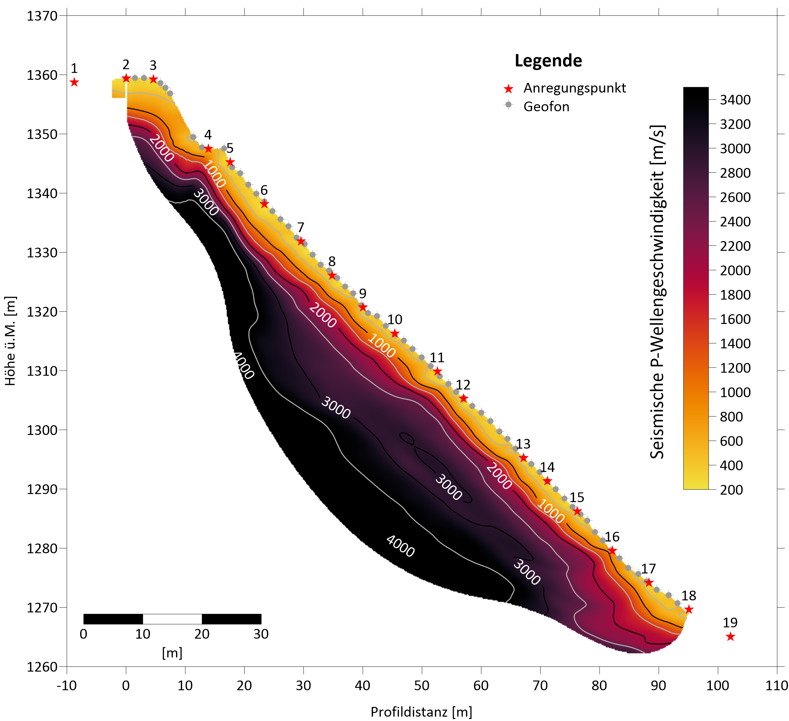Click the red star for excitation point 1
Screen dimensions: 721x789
pyautogui.click(x=74, y=82)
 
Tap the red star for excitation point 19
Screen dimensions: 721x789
pyautogui.click(x=730, y=637)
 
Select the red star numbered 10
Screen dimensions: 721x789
pyautogui.click(x=394, y=333)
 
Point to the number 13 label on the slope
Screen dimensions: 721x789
pyautogui.click(x=523, y=444)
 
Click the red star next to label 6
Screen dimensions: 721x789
pyautogui.click(x=264, y=204)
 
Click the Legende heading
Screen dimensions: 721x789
pyautogui.click(x=548, y=61)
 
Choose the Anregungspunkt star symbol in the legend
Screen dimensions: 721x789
pyautogui.click(x=508, y=89)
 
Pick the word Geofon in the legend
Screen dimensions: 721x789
pyautogui.click(x=546, y=106)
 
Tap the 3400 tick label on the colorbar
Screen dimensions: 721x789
pyautogui.click(x=735, y=100)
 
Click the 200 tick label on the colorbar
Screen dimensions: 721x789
pyautogui.click(x=731, y=490)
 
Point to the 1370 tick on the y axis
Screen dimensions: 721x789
pyautogui.click(x=42, y=16)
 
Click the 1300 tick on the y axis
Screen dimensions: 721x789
pyautogui.click(x=42, y=430)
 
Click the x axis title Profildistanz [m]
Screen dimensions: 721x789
pyautogui.click(x=421, y=712)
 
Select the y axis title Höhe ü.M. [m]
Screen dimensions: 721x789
pyautogui.click(x=11, y=340)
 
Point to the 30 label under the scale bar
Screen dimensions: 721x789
pyautogui.click(x=261, y=634)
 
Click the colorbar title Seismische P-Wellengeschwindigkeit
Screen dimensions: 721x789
pyautogui.click(x=658, y=292)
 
